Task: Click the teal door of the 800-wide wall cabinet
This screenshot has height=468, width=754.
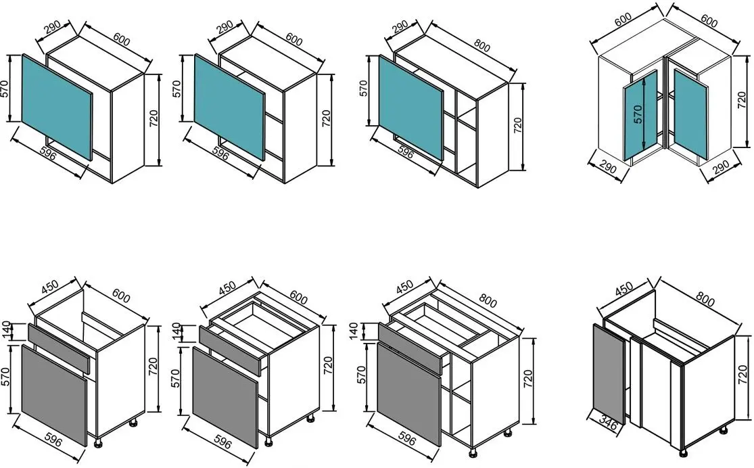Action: click(x=411, y=108)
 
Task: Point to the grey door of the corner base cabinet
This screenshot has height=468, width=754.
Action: click(x=608, y=376)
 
